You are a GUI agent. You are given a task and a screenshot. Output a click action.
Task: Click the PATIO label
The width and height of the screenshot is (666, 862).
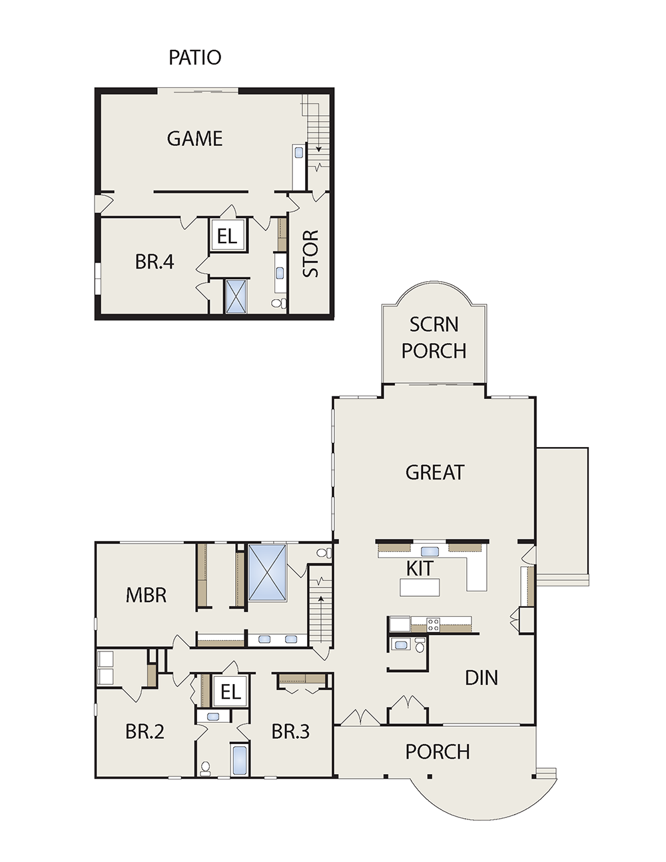(194, 57)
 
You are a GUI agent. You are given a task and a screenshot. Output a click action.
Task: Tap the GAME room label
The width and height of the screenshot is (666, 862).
(194, 139)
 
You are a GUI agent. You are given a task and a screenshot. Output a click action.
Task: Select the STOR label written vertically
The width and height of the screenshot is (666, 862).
(311, 254)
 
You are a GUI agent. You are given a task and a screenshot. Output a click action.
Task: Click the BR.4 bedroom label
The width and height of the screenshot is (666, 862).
(155, 262)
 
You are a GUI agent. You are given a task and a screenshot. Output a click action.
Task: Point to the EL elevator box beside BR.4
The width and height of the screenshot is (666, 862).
(228, 235)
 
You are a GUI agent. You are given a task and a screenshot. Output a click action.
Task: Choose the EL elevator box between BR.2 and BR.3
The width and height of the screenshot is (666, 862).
(230, 692)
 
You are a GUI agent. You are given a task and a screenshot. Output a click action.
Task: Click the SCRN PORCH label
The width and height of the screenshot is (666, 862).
(434, 338)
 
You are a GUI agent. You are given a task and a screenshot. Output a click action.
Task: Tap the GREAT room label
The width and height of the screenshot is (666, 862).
(435, 472)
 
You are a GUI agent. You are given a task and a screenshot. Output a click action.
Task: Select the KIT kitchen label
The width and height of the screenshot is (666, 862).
(420, 568)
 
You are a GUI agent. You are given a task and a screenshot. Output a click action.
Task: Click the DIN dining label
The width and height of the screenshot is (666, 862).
(482, 678)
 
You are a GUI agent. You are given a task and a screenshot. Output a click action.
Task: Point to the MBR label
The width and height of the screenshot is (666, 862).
(146, 596)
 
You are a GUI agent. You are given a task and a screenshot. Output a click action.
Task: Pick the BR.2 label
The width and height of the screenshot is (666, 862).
(145, 732)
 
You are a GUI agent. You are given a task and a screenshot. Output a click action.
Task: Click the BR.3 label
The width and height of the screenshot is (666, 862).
(290, 732)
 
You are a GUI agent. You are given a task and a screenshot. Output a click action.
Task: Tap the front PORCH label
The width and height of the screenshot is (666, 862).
(438, 751)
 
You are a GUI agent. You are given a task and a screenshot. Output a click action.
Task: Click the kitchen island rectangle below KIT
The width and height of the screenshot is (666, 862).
(420, 588)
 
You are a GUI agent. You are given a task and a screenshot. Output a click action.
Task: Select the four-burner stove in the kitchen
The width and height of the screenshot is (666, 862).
(433, 625)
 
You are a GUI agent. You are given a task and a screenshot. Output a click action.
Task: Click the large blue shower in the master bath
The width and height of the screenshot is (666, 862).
(267, 573)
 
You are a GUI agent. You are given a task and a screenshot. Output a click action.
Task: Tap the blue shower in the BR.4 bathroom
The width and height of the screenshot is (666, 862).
(236, 296)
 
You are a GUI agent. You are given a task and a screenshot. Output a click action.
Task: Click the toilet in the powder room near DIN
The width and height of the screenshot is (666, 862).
(420, 646)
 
